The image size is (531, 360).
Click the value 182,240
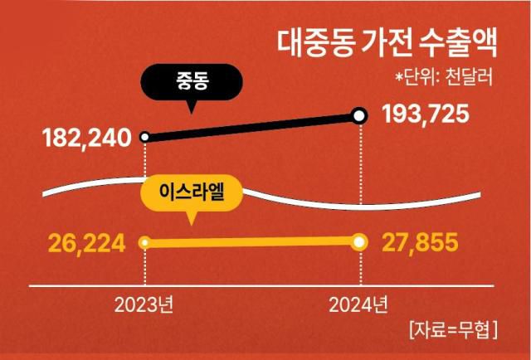86,138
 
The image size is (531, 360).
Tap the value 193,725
426,115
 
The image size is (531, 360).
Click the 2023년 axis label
144,304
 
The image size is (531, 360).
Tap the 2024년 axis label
358,304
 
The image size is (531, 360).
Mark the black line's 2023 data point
145,137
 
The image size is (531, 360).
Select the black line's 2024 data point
359,116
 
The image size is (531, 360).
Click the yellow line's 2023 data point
145,243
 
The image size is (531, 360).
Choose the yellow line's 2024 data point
359,242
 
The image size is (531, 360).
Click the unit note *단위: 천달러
444,78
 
